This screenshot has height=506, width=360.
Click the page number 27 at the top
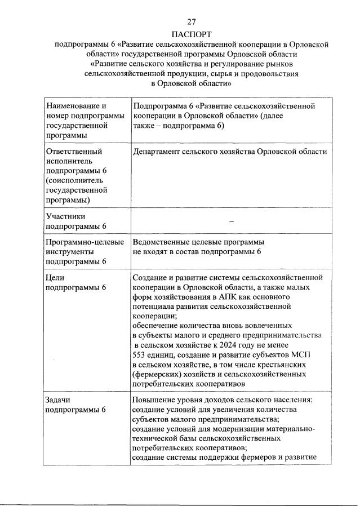tap(180, 23)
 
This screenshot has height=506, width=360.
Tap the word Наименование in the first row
tap(72, 105)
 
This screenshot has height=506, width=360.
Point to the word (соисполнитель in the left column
tap(73, 180)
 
